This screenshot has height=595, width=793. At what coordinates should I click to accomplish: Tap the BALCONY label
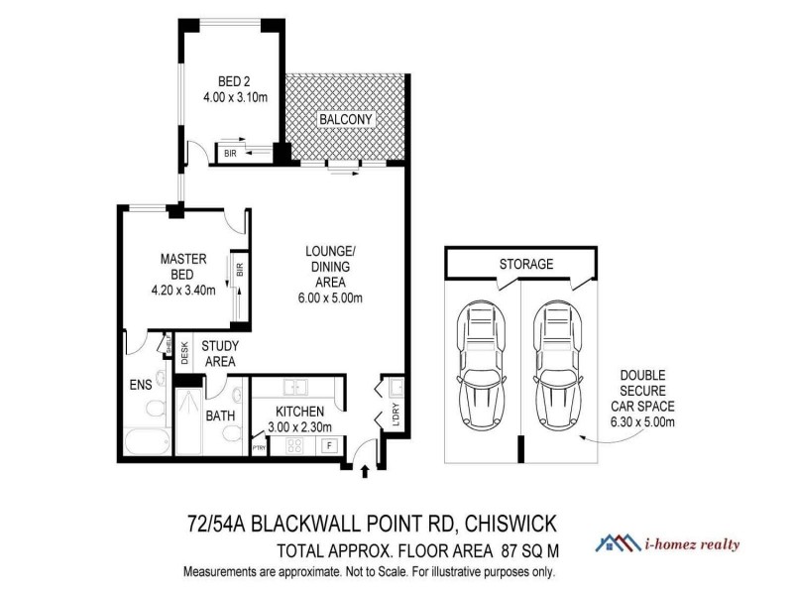[x=345, y=120]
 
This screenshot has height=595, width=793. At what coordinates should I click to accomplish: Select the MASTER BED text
[x=183, y=266]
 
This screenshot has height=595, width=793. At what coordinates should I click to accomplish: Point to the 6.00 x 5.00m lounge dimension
[x=334, y=298]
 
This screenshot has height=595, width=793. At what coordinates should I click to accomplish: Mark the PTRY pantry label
[x=260, y=448]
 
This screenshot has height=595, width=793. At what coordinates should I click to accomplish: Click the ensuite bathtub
[x=146, y=440]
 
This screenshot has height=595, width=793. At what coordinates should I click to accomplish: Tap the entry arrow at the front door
[x=365, y=470]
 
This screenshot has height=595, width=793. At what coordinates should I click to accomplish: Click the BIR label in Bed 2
[x=230, y=154]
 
